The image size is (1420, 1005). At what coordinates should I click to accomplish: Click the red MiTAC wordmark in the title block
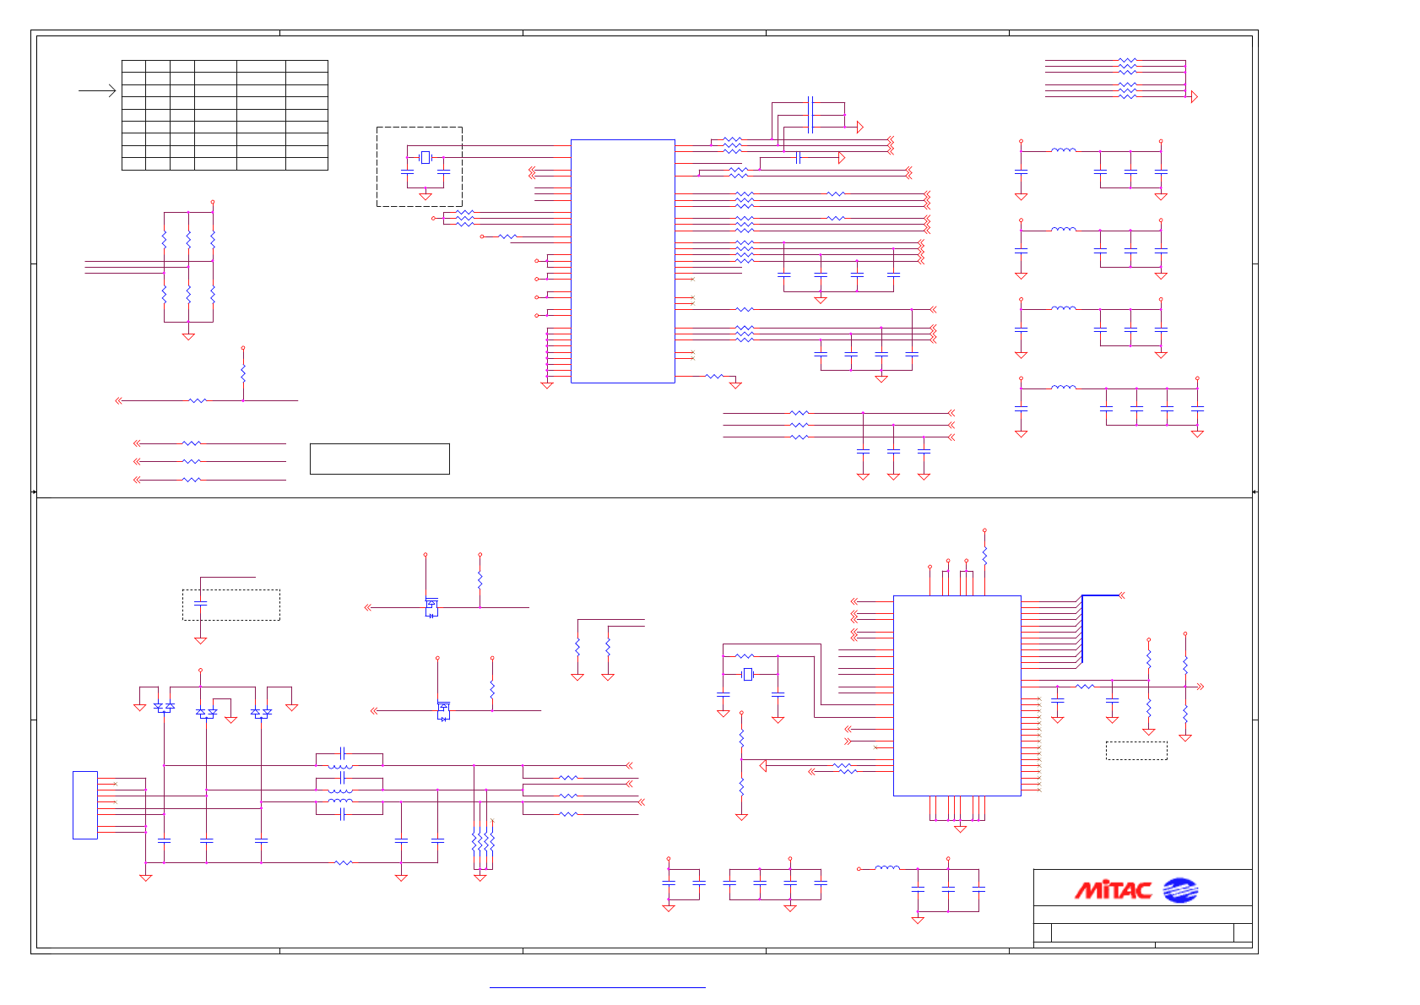(1113, 890)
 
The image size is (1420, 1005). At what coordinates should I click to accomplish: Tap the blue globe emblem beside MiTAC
(1179, 890)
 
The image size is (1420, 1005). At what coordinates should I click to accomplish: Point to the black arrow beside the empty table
(98, 90)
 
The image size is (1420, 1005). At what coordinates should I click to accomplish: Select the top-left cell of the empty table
(133, 66)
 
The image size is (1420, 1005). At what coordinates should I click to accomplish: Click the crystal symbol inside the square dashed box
(425, 157)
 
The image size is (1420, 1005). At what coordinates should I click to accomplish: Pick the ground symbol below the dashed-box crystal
(425, 197)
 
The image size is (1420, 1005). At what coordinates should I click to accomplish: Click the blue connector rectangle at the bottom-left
(84, 805)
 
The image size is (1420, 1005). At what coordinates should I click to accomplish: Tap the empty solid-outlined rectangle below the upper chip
(379, 459)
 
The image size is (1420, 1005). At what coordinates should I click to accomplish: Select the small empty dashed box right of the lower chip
(1136, 750)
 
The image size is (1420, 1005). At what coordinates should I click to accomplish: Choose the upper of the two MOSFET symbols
(431, 607)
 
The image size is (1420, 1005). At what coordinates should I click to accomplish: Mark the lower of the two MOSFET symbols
(443, 711)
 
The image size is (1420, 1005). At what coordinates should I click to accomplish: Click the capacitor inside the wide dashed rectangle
(200, 603)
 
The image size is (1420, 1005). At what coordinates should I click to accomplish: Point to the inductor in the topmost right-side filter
(1064, 150)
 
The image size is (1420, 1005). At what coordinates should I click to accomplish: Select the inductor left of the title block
(887, 867)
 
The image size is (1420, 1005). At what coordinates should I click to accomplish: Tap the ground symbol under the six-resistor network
(188, 336)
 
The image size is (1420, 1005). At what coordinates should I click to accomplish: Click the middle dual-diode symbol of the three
(206, 713)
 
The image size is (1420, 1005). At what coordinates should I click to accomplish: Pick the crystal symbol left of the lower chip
(747, 674)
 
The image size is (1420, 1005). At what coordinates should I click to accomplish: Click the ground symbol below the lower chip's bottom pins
(960, 829)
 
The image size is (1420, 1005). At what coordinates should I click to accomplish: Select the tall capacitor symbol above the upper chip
(810, 114)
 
